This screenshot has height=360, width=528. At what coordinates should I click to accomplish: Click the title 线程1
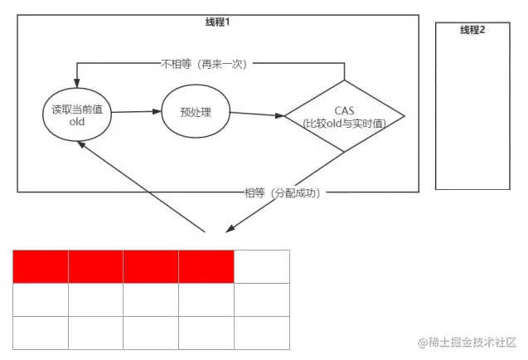click(217, 22)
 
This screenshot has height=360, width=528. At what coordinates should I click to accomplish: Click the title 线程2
click(472, 31)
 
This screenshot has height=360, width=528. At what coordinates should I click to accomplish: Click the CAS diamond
click(344, 116)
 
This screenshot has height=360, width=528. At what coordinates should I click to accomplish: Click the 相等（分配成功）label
click(282, 192)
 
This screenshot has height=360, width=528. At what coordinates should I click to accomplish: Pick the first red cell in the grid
click(41, 266)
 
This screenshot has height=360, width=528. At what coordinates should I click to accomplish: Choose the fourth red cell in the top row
click(206, 266)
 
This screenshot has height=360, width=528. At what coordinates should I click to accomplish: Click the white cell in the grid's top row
click(262, 266)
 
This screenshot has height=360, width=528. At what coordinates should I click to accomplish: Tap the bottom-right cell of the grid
click(262, 333)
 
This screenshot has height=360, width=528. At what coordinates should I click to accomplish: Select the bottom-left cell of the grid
click(41, 333)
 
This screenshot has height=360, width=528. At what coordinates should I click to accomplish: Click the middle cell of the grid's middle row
click(151, 299)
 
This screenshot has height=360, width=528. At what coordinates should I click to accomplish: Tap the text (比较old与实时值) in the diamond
click(344, 123)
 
